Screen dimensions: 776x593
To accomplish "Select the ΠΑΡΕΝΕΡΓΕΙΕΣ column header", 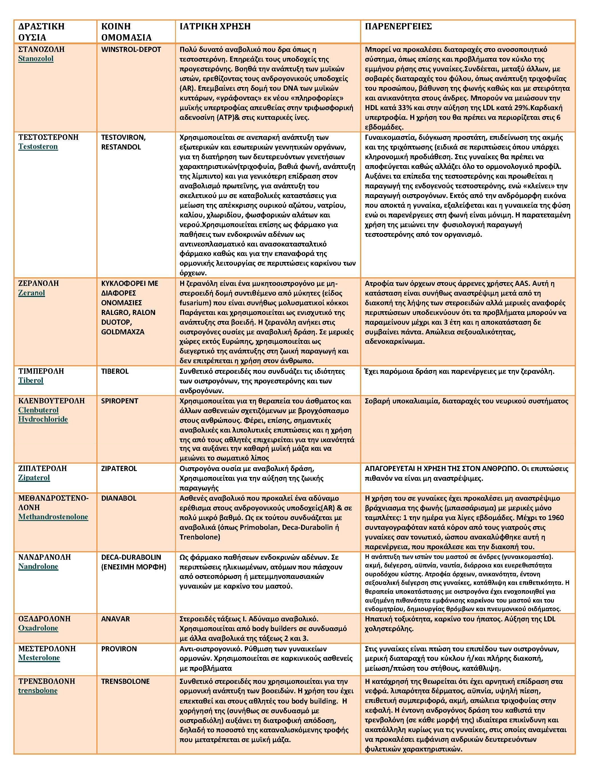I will [x=398, y=27].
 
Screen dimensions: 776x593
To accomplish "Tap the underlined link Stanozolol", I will [x=36, y=59].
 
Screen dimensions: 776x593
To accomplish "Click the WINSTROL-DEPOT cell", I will [x=131, y=49].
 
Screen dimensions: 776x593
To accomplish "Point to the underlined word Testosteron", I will [x=38, y=147].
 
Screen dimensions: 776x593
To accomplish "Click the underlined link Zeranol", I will [x=31, y=293].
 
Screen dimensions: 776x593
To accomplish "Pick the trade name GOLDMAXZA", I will [x=123, y=332].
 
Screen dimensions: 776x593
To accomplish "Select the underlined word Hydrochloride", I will [x=43, y=419].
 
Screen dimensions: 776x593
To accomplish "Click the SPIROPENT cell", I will [x=120, y=401].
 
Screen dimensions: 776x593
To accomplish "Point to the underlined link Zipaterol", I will [x=34, y=478].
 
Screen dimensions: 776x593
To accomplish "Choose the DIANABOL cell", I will [x=119, y=498].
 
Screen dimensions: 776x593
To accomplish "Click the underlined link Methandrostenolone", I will [x=53, y=517].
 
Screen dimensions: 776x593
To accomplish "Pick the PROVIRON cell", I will [x=119, y=648].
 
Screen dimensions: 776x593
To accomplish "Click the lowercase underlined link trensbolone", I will [x=38, y=690].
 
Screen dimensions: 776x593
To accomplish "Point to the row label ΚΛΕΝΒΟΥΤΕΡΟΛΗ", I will [x=52, y=401].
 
